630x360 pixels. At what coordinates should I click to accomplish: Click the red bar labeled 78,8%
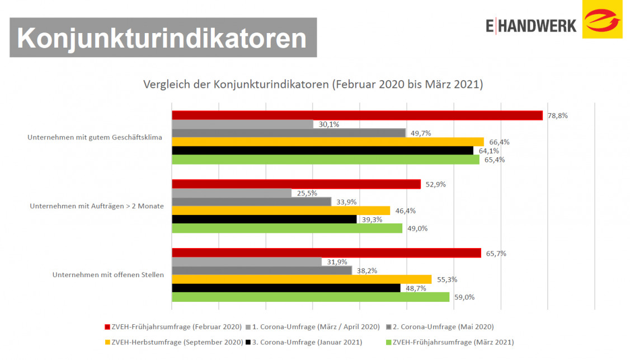tap(357, 115)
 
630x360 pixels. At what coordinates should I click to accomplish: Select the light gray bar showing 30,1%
tap(242, 124)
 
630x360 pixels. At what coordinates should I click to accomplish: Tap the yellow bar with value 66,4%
tap(327, 142)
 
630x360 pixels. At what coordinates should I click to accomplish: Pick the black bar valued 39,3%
tap(264, 219)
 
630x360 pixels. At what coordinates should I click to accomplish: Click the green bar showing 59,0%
tap(311, 297)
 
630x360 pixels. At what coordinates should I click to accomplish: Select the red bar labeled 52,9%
tap(296, 184)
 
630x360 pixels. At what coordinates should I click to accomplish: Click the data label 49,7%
tap(421, 133)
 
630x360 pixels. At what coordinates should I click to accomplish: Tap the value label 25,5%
tap(307, 193)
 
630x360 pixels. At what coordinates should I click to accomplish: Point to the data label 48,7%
tap(416, 288)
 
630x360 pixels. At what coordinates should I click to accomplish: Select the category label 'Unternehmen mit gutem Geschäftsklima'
tap(95, 137)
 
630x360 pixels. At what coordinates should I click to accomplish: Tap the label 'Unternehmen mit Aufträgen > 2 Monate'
tap(97, 206)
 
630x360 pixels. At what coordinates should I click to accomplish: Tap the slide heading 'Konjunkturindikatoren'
tap(162, 38)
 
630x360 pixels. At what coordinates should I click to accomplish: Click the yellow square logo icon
tap(602, 20)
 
